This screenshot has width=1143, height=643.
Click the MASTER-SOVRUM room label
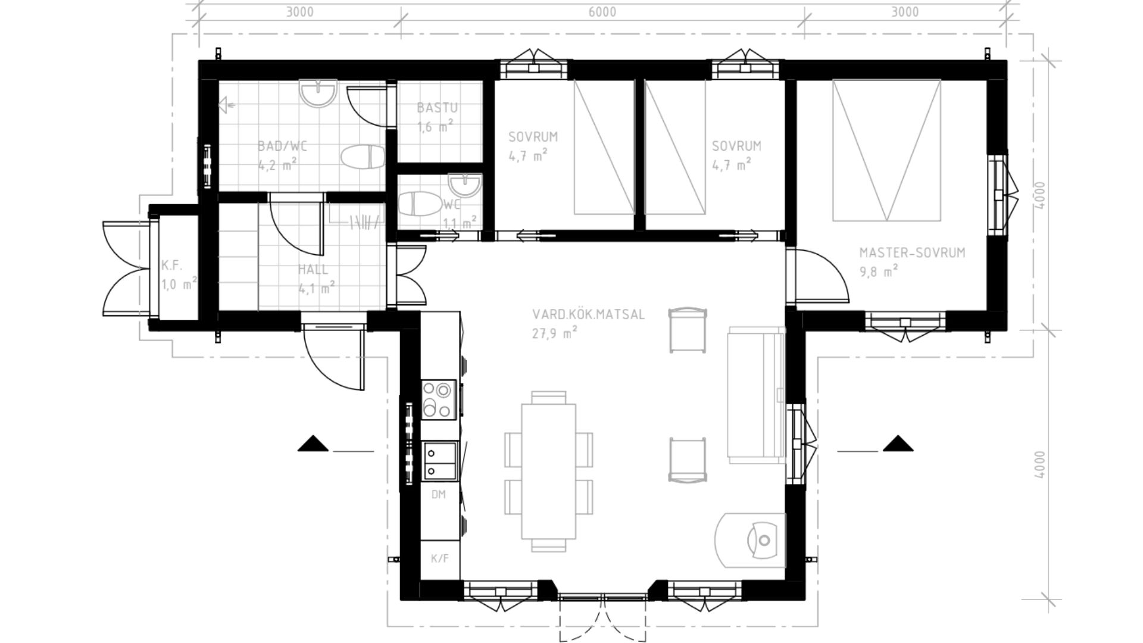[912, 252]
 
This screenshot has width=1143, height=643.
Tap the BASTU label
[437, 108]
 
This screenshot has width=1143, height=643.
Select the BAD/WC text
[282, 146]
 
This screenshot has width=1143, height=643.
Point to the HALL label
[313, 269]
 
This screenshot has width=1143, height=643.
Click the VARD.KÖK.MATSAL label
[588, 314]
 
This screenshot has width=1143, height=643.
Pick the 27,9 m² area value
[555, 333]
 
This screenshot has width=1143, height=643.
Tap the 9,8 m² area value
[879, 271]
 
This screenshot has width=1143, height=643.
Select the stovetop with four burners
[439, 399]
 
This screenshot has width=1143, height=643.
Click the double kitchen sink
[439, 460]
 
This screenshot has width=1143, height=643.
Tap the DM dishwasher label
[439, 494]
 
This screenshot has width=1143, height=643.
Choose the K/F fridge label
[439, 558]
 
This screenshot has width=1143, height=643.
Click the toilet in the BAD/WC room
[363, 157]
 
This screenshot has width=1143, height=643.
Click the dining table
[549, 471]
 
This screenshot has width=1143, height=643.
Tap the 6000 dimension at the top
[602, 12]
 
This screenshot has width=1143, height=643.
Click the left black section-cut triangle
[313, 444]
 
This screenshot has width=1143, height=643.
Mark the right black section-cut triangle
[898, 444]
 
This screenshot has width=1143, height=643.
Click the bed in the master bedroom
[887, 150]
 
